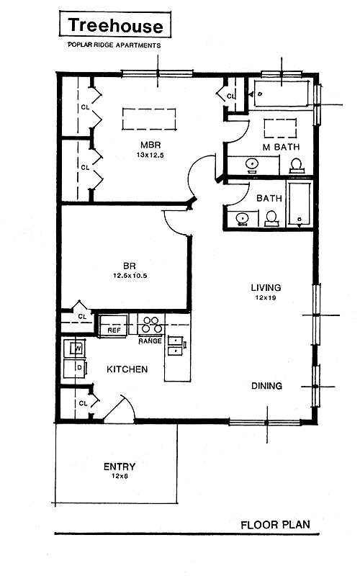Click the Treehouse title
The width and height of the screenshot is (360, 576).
[115, 26]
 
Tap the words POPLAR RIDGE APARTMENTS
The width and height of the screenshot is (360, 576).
[114, 45]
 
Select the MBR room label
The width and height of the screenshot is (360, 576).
[150, 145]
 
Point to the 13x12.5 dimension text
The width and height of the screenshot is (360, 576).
[150, 155]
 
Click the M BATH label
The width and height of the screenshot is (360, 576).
[281, 147]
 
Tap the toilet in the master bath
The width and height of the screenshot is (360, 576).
[296, 166]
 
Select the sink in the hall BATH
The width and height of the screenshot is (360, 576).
[243, 218]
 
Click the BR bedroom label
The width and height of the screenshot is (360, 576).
[130, 266]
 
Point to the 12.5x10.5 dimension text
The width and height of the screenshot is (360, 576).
[130, 276]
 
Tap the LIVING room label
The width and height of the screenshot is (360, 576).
[266, 287]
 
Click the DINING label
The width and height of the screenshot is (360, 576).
[266, 386]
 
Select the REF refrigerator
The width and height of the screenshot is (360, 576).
[114, 326]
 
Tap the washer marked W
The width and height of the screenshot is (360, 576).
[75, 348]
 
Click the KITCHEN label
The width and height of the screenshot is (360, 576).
[127, 369]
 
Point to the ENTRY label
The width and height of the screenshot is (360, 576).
[120, 467]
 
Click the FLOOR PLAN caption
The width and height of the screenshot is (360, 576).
[276, 525]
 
